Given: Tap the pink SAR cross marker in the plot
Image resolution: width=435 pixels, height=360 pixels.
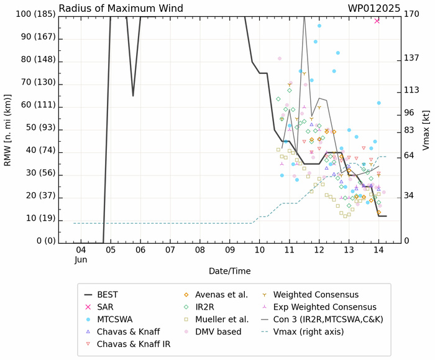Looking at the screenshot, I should click(377, 21).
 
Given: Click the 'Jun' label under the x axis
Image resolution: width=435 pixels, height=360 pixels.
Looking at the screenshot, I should click(81, 259).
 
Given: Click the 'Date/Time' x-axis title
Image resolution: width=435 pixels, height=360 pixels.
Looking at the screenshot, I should click(229, 271).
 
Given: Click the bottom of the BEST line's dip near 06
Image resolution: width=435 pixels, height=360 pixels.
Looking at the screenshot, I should click(133, 96).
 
